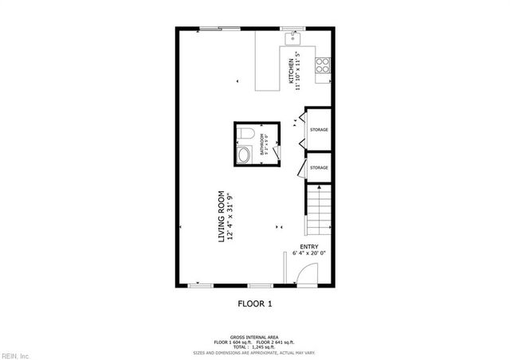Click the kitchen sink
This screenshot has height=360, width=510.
(293, 36)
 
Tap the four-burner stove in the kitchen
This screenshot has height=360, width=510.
(323, 67)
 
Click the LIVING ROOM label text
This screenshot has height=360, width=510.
(222, 217)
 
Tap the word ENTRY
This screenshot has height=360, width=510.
(309, 247)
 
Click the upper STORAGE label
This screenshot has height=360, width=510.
(319, 130)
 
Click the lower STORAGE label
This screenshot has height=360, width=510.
(319, 168)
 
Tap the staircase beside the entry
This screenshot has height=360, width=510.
(319, 209)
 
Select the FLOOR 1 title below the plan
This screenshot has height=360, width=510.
(255, 303)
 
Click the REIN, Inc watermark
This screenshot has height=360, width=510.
(15, 355)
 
